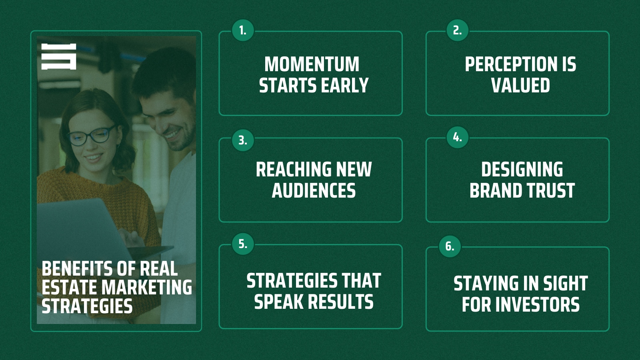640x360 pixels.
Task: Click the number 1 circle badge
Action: point(243,30)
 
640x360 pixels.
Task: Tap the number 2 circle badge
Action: point(458,30)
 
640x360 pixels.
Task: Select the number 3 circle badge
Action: point(243,140)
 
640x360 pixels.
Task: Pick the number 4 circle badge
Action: point(458,138)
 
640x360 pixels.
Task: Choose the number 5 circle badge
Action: point(243,244)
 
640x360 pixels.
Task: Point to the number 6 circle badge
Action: point(450,246)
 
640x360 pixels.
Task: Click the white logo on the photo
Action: point(58,56)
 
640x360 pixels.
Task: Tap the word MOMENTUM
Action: point(312,64)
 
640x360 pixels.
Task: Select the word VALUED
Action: point(520,85)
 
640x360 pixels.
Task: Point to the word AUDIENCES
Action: point(314,190)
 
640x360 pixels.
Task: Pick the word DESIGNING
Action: point(522,170)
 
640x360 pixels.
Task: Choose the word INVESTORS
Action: point(538,304)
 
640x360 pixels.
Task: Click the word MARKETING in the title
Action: point(147,288)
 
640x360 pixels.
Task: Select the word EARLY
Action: point(344,85)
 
